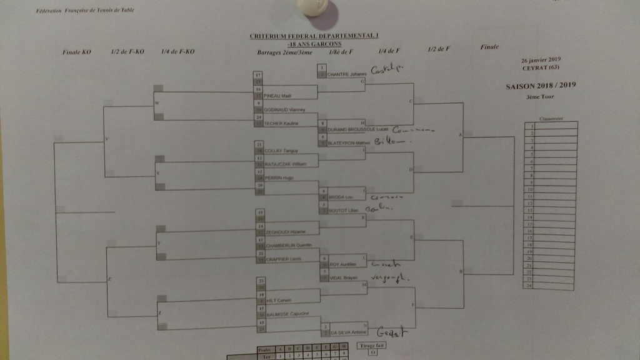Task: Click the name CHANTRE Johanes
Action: pyautogui.click(x=349, y=74)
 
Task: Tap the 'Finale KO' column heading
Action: pyautogui.click(x=77, y=52)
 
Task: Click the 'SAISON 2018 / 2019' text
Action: pyautogui.click(x=541, y=86)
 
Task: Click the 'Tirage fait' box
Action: pyautogui.click(x=372, y=345)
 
